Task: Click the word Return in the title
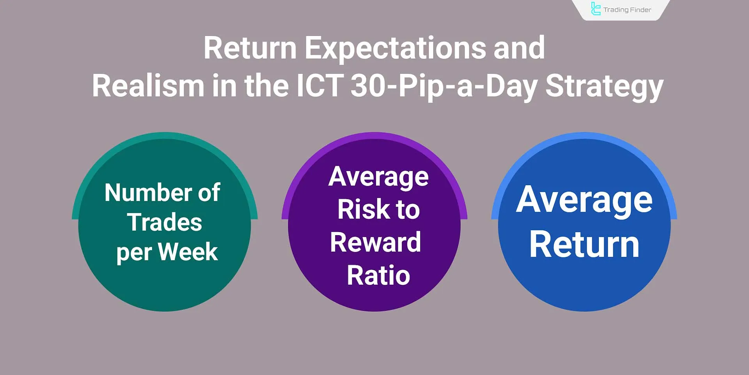250,48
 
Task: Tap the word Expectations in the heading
395,48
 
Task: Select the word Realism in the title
147,86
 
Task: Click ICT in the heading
319,86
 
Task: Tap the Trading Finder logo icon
596,9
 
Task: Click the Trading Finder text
627,10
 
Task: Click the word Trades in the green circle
164,222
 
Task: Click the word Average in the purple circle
378,177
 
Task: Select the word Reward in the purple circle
375,242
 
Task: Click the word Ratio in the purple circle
378,275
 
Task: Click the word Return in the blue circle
584,245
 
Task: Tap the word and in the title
519,48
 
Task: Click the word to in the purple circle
408,209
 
